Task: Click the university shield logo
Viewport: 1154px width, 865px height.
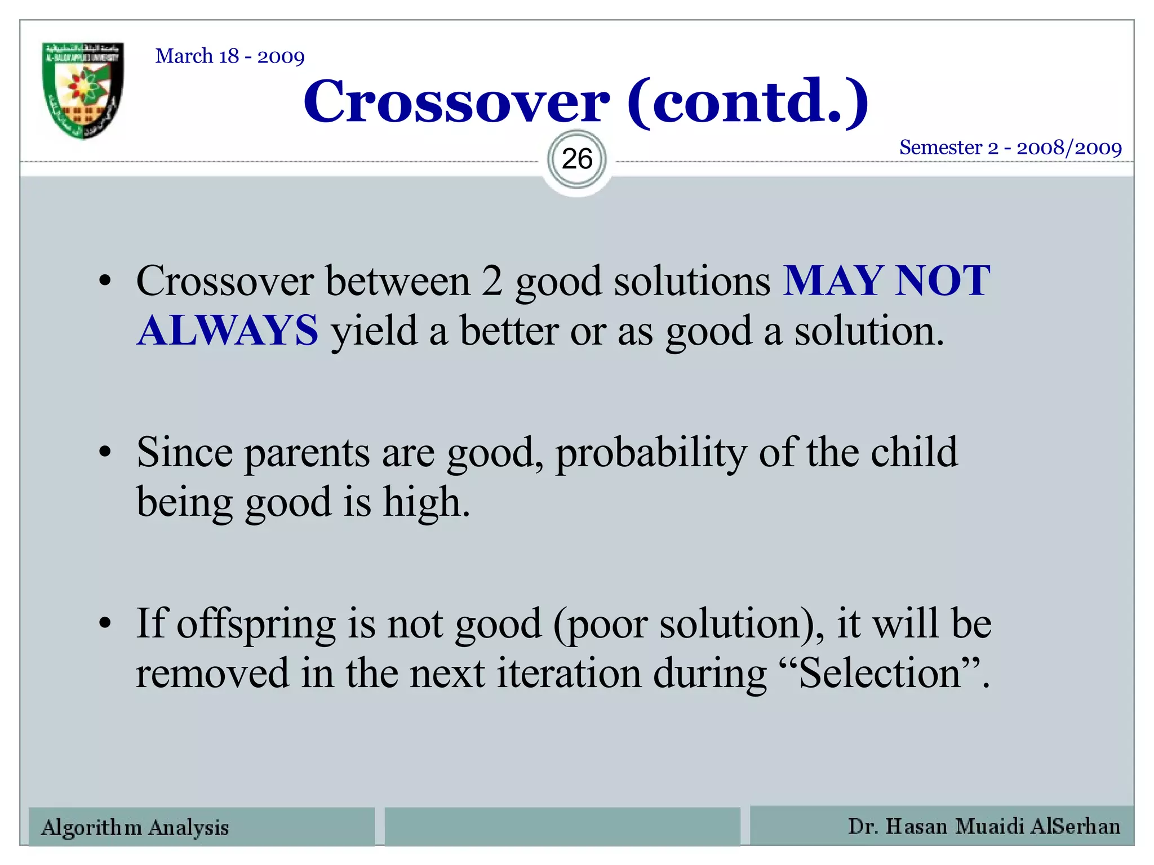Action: (x=83, y=90)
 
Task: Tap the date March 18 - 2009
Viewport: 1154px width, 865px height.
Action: (x=230, y=56)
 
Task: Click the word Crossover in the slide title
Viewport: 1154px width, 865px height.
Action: (x=456, y=101)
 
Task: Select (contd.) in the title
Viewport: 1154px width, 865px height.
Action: (x=747, y=101)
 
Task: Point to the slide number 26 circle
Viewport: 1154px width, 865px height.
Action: (x=577, y=159)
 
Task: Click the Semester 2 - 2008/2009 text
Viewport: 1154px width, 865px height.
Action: (x=1010, y=148)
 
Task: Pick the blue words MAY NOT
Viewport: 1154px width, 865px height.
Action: (x=886, y=280)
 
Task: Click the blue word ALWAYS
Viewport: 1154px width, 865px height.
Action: (x=228, y=331)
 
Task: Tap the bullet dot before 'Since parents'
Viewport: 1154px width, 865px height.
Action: (x=105, y=452)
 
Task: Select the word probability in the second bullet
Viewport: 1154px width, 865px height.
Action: (x=651, y=454)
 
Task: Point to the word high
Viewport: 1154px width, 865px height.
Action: (x=426, y=502)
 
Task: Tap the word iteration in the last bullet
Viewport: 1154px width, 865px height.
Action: (x=568, y=674)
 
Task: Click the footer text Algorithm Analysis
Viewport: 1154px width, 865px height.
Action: (x=135, y=827)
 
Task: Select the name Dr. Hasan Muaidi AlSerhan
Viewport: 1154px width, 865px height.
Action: (x=984, y=826)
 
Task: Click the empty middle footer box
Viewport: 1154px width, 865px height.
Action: (x=562, y=826)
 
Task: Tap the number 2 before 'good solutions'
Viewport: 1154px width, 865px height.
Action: (x=491, y=280)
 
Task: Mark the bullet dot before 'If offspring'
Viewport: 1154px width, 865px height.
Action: (x=105, y=624)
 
